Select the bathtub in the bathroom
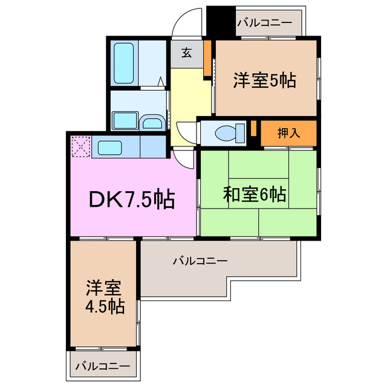tap(124, 62)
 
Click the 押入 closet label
tap(288, 133)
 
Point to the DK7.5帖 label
tap(132, 198)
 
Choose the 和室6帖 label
tap(255, 195)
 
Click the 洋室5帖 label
tap(264, 80)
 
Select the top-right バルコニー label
tap(264, 24)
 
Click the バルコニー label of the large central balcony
tap(200, 261)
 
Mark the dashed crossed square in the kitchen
tap(80, 146)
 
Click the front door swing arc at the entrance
tap(185, 23)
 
